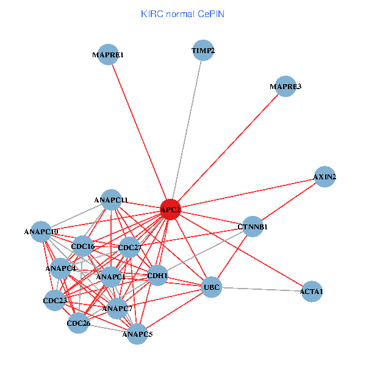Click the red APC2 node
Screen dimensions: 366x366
click(x=170, y=210)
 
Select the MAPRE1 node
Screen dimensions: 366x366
click(x=108, y=55)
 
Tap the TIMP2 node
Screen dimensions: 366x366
click(x=203, y=51)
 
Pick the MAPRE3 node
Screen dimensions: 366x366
click(x=285, y=87)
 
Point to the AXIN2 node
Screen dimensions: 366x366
click(x=325, y=177)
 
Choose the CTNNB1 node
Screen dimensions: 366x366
click(x=253, y=227)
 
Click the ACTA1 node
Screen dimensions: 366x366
click(x=311, y=292)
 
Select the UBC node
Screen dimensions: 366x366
click(x=211, y=287)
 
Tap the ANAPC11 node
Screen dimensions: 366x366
click(x=111, y=199)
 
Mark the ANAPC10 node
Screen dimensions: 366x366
click(x=41, y=232)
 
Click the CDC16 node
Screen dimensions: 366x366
click(x=82, y=246)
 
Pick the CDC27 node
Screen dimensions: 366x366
click(x=129, y=248)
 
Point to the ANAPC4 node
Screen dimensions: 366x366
click(x=60, y=268)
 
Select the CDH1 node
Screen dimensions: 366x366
click(x=157, y=276)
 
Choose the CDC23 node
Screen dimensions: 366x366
click(x=55, y=301)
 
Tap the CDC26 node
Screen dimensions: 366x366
click(x=78, y=323)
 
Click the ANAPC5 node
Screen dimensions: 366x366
click(x=137, y=334)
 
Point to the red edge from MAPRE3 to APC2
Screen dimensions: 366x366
click(x=228, y=148)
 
